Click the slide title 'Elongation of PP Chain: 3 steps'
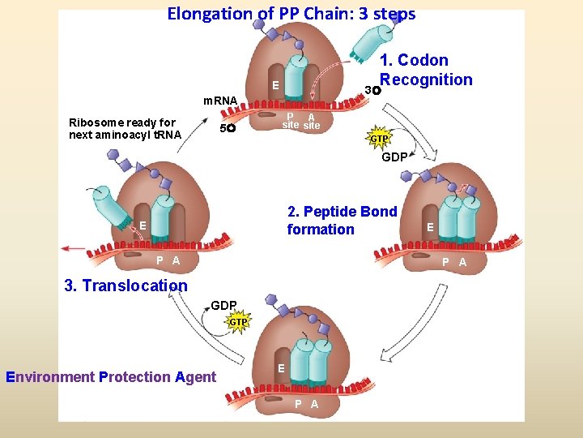(x=291, y=14)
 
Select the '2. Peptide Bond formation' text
(x=342, y=221)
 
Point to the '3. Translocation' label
(x=126, y=286)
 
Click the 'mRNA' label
(x=219, y=101)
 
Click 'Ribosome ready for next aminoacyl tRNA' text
(x=122, y=129)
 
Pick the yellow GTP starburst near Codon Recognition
(x=379, y=138)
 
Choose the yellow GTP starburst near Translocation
(x=237, y=322)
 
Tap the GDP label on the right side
(x=394, y=157)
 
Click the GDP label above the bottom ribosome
(x=223, y=306)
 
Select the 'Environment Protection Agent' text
(x=111, y=376)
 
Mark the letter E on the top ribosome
(x=275, y=85)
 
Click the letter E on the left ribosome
(x=142, y=225)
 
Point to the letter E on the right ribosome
(x=431, y=228)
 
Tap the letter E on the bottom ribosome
(x=281, y=368)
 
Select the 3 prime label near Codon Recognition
(x=370, y=89)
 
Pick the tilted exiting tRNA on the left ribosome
(x=114, y=207)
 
